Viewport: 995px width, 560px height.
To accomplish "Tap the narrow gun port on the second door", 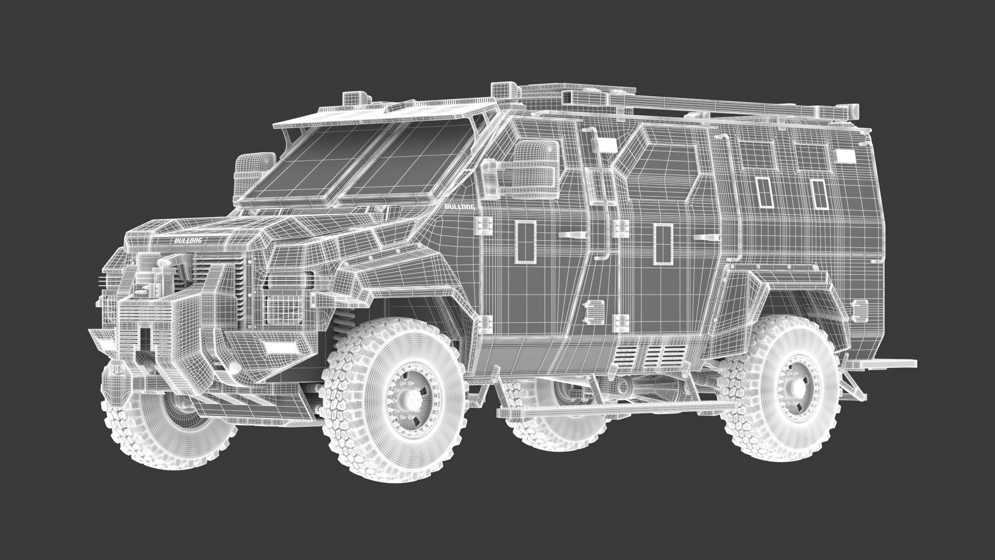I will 663,243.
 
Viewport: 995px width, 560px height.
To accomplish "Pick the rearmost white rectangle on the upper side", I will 845,156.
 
